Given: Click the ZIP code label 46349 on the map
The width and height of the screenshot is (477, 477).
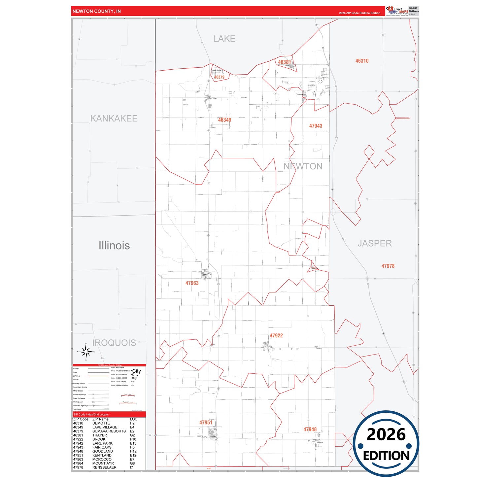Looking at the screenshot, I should (224, 120).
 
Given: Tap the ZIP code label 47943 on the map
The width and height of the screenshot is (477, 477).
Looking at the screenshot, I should (316, 126).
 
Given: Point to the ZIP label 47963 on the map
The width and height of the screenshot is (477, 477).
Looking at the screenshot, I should (192, 283).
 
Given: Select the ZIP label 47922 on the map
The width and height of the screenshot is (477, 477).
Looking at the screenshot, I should (276, 336).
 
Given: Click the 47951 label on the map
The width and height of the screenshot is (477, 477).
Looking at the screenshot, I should (206, 423).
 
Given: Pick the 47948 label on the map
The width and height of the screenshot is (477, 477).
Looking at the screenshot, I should (310, 429).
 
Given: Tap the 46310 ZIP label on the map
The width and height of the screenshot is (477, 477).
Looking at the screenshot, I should (362, 61).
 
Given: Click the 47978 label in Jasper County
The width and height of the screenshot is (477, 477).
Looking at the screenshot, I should (388, 266).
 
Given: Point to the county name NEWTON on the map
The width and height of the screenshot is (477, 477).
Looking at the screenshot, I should (303, 166).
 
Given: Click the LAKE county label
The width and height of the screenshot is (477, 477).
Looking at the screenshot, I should (224, 39).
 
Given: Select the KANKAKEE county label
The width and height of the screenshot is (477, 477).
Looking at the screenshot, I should (114, 119).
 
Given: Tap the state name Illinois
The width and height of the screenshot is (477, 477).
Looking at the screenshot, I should (114, 246).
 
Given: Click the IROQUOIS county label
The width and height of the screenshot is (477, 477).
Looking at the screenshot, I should (114, 343).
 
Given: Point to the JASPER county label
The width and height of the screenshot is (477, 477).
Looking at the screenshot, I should (375, 244).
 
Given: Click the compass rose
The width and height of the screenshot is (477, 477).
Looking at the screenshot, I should (86, 352).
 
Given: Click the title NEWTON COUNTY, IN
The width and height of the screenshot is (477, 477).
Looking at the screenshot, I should (97, 11).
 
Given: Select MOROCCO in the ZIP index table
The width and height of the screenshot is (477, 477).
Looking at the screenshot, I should (102, 460).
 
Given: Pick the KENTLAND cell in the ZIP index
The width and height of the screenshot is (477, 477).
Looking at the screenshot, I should (102, 456).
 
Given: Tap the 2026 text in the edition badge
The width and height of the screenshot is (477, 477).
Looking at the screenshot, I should (386, 434).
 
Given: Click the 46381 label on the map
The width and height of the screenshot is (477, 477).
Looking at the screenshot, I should (284, 62).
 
